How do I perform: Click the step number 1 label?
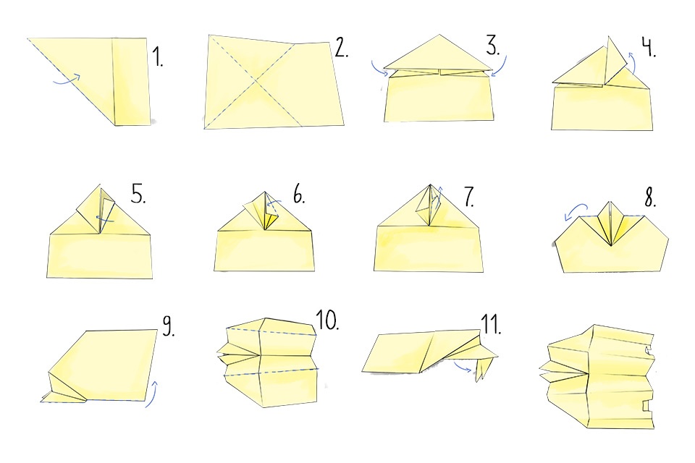pos(157,56)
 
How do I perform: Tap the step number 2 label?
pos(341,48)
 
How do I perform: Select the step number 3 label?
pos(492,45)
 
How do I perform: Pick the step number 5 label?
pos(138,193)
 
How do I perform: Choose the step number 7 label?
pos(469,197)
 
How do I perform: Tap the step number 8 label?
pos(650,197)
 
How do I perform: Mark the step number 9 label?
pos(168,326)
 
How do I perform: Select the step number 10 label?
pos(327,320)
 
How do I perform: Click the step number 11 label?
pos(491,324)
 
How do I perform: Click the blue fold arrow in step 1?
pos(67,79)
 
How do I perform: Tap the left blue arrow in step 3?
pos(379,69)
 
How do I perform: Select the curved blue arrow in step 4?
pos(633,62)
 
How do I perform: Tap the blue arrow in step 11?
pos(462,367)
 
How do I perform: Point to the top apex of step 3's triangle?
pos(439,35)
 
